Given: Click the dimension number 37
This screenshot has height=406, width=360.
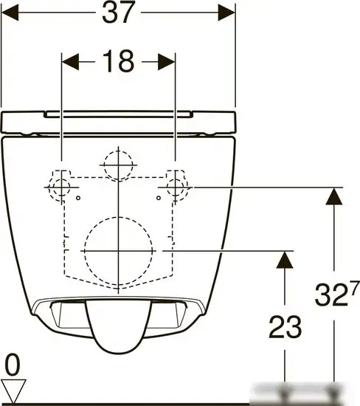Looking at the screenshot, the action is coord(119,12).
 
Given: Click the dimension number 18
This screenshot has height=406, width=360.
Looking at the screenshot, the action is coord(119,61).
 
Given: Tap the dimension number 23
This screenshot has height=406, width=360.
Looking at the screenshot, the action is coord(285,327).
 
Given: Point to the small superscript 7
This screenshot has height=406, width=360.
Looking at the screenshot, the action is coord(354,287).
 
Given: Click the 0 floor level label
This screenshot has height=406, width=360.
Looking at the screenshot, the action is coord(13,365).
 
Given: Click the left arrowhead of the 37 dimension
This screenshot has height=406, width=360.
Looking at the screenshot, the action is coord(10,13).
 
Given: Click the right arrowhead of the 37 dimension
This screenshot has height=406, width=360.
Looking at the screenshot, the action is coord(226,13).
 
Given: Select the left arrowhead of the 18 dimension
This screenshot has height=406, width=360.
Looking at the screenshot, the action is coord(70,62).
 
